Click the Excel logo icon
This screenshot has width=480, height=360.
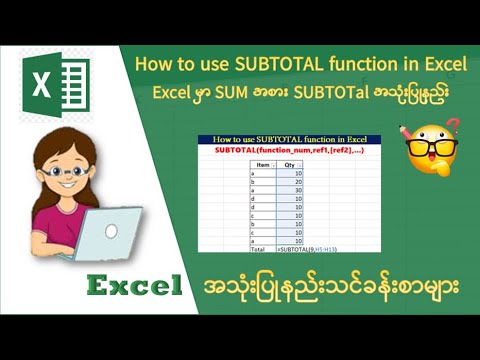(x=60, y=86)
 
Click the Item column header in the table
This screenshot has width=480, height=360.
(x=263, y=164)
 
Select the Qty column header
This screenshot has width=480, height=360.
(x=291, y=164)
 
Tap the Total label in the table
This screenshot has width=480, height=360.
(x=263, y=246)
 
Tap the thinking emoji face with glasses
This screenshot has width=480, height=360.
(x=433, y=150)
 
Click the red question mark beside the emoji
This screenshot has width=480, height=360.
(x=452, y=128)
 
